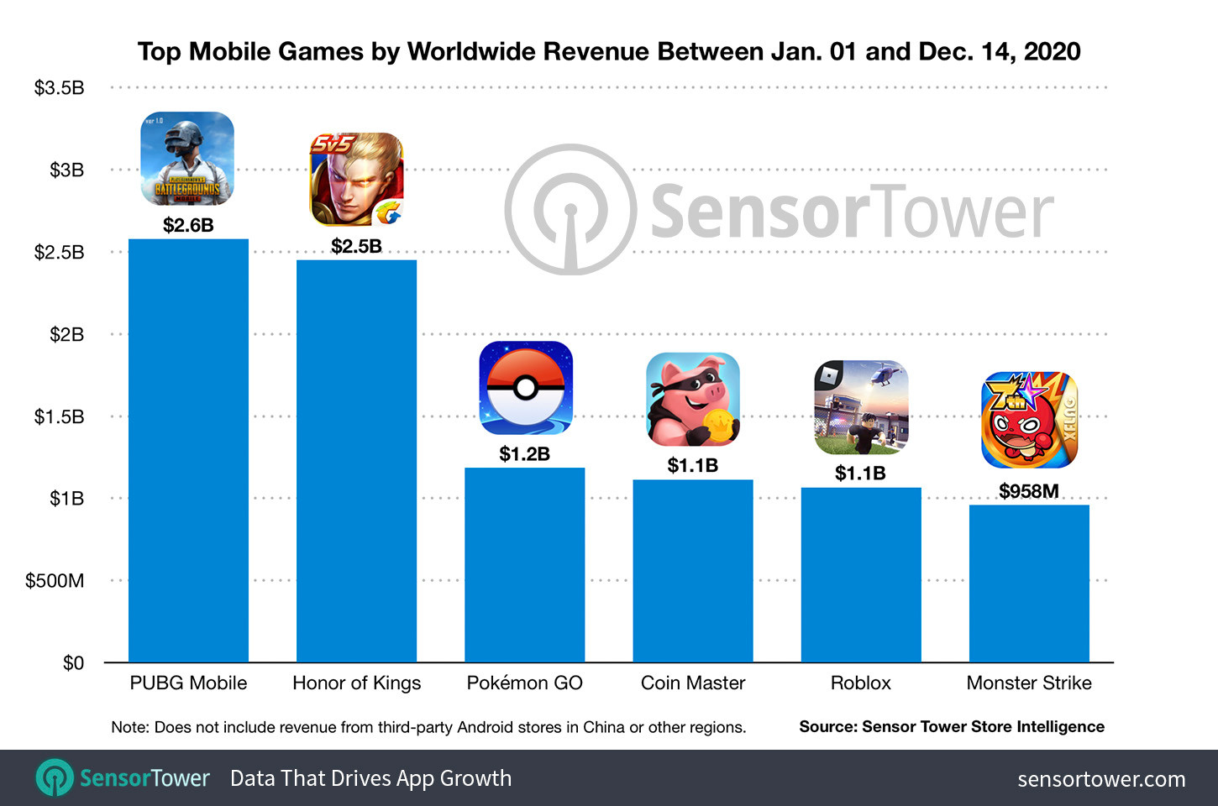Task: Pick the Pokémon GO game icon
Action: coord(525,388)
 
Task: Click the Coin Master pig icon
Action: coord(693,399)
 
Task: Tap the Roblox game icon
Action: coord(861,407)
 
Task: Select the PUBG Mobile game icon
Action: coord(187,159)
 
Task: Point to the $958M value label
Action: coord(1028,491)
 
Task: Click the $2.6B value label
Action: coord(188,225)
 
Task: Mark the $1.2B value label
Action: coord(524,454)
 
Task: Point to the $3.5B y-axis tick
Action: coord(59,88)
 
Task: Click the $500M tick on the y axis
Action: coord(55,581)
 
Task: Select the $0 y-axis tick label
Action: coord(73,663)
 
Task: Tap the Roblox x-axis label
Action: coord(860,683)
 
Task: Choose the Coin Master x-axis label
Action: coord(693,683)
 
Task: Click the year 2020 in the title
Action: coord(1052,52)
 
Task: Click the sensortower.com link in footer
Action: coord(1101,779)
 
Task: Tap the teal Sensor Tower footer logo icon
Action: coord(55,778)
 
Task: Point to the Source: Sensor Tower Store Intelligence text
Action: coord(952,727)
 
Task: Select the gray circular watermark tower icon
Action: coord(571,210)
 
